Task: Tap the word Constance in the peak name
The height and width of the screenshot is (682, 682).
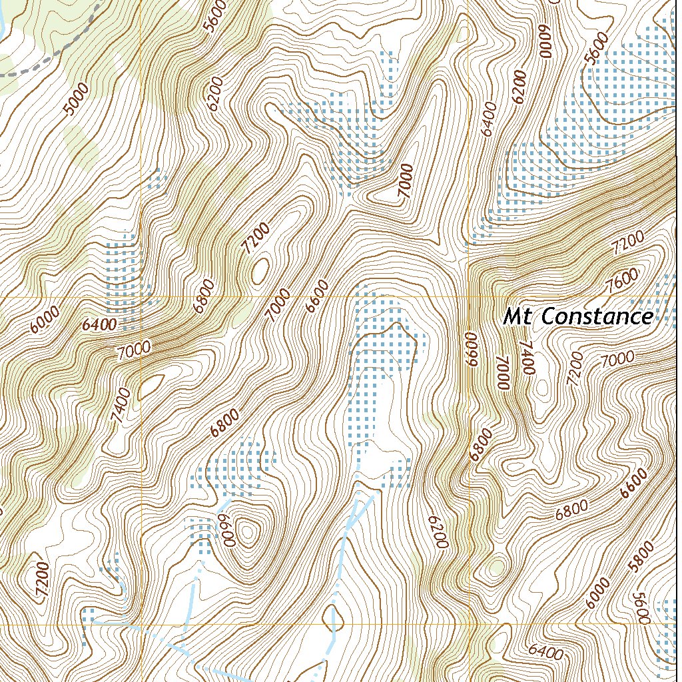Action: tap(597, 316)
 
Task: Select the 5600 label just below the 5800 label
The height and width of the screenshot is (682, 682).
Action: tap(643, 608)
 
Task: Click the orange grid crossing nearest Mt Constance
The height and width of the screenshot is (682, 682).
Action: tap(468, 296)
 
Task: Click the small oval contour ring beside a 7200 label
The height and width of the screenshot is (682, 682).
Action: tap(260, 270)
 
